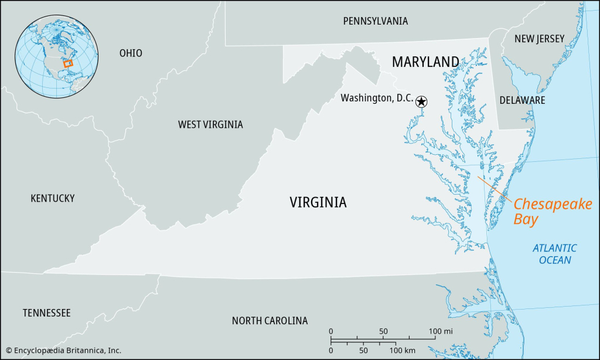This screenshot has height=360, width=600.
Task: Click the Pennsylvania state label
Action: [x=375, y=21]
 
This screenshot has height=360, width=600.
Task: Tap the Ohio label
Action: [x=131, y=53]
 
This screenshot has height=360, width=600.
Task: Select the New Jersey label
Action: [x=539, y=39]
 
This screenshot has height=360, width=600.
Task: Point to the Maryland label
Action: [x=425, y=62]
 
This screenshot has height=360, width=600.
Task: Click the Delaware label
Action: [x=522, y=100]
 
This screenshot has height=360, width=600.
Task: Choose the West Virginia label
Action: [x=210, y=124]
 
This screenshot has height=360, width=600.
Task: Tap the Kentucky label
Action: [x=53, y=198]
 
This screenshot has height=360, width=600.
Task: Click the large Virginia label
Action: [x=318, y=202]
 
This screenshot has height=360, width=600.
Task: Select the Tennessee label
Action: [x=47, y=313]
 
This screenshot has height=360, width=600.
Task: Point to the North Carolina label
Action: [x=270, y=321]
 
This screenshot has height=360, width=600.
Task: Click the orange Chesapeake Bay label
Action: [x=553, y=212]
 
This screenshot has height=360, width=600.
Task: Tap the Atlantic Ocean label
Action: [x=554, y=254]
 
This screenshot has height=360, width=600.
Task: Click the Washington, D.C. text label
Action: [x=377, y=99]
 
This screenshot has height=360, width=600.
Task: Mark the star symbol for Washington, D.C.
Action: [x=421, y=102]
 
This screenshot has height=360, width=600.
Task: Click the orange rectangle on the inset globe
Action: [x=68, y=63]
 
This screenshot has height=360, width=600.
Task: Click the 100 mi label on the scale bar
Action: [x=440, y=332]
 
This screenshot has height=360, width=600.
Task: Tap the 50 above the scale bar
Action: [x=383, y=332]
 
